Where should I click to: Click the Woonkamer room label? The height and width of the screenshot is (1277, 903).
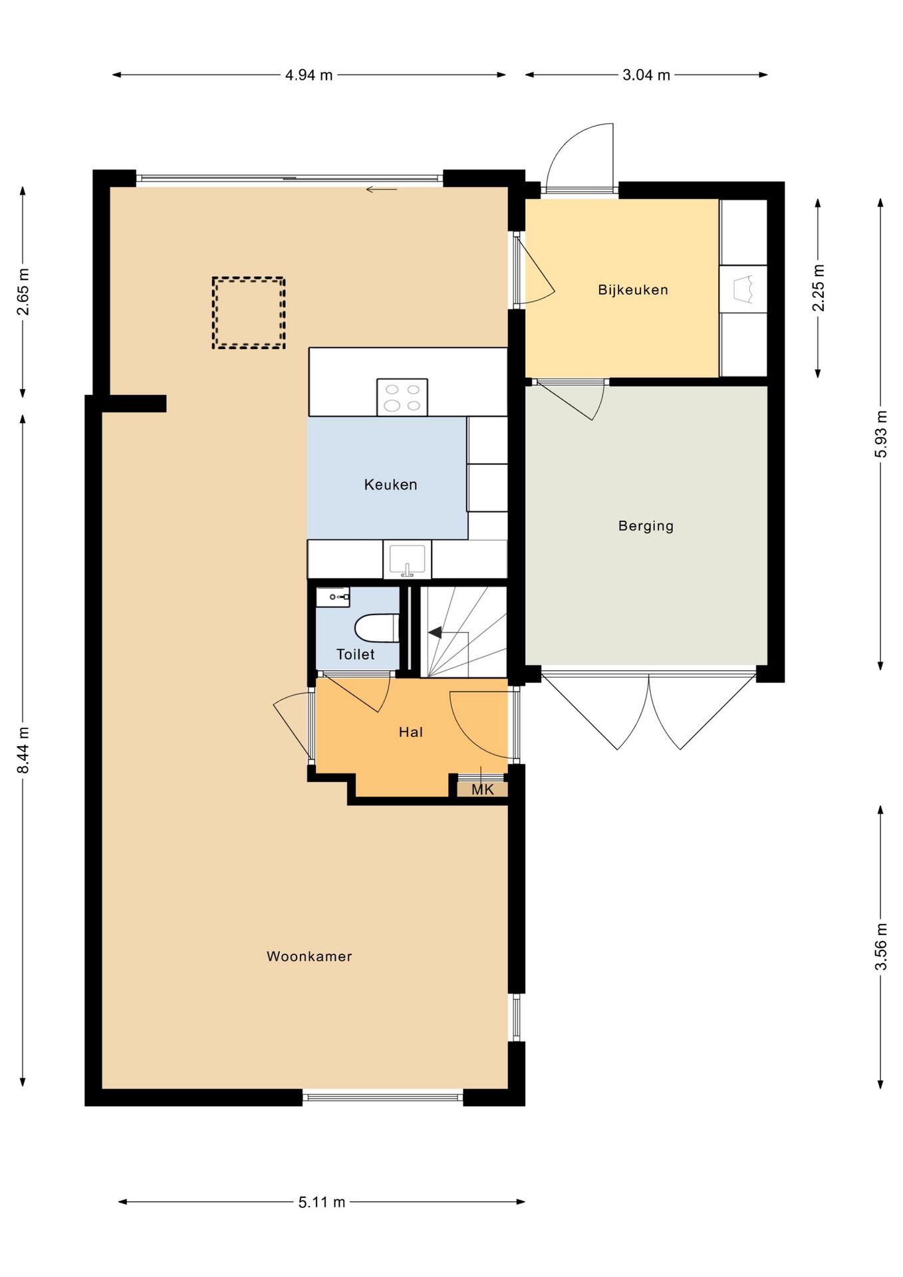tap(309, 956)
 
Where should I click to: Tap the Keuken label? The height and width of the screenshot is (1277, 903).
tap(391, 484)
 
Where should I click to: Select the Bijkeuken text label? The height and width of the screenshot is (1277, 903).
tap(633, 289)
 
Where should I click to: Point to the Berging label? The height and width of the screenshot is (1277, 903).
tap(646, 526)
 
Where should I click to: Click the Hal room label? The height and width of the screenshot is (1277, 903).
tap(411, 732)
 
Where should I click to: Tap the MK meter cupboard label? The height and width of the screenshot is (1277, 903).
tap(483, 789)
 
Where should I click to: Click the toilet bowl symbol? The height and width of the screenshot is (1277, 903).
tap(377, 628)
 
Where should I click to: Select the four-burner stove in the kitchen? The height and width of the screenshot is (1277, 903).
tap(402, 397)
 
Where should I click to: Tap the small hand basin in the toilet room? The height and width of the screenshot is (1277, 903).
tap(332, 597)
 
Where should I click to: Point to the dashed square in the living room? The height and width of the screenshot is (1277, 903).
tap(249, 313)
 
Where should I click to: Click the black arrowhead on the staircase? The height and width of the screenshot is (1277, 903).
tap(435, 633)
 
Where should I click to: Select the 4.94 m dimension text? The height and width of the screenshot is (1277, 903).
tap(309, 75)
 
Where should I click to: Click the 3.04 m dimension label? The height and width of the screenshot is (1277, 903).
tap(646, 75)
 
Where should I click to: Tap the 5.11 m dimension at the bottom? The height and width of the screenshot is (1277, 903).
tap(322, 1202)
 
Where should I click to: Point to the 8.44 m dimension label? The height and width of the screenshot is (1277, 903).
tap(23, 750)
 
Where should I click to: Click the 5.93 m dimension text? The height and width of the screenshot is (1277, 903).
tap(881, 434)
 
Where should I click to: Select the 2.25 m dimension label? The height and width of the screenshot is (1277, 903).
tap(819, 287)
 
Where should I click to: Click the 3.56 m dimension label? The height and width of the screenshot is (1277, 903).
tap(881, 946)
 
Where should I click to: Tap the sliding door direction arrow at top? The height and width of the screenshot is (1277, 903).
tap(382, 190)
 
